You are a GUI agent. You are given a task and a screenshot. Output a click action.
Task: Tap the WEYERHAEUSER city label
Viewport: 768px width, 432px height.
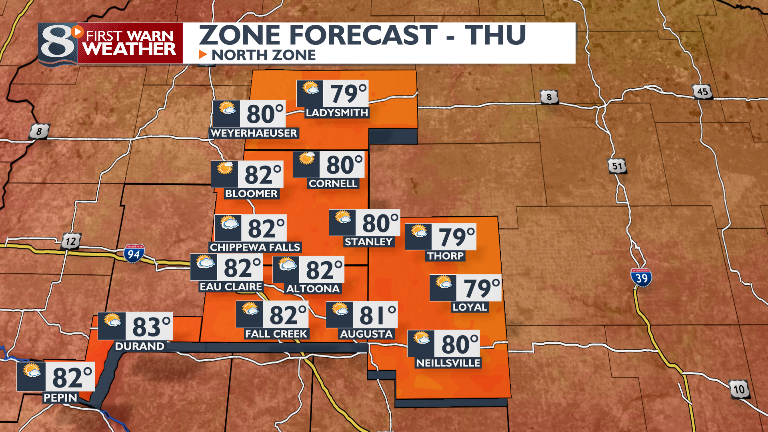click(x=254, y=133)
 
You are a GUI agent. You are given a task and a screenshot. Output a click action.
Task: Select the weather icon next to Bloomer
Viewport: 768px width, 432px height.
click(x=225, y=168)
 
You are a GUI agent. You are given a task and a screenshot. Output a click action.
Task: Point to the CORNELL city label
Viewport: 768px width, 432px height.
click(x=333, y=184)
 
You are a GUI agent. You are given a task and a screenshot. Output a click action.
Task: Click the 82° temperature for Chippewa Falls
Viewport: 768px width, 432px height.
click(x=266, y=228)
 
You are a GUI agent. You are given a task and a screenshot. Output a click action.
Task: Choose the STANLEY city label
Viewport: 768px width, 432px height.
click(x=369, y=242)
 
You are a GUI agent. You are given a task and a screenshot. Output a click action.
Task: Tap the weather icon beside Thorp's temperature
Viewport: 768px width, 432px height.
click(x=419, y=231)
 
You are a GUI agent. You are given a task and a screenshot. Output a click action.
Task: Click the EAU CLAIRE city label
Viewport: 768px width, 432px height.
click(x=231, y=287)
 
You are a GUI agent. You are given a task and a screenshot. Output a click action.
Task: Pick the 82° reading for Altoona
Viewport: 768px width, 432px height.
click(x=324, y=270)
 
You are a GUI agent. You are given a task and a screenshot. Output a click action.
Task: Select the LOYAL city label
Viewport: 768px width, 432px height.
click(x=470, y=307)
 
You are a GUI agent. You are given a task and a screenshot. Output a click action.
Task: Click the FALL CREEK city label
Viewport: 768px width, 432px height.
click(x=276, y=334)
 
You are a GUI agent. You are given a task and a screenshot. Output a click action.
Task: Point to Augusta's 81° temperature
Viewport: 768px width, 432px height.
click(x=377, y=315)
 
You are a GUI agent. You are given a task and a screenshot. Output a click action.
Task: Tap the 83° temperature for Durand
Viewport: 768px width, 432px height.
click(x=151, y=327)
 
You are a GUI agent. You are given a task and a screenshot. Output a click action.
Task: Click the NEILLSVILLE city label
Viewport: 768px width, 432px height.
click(x=448, y=363)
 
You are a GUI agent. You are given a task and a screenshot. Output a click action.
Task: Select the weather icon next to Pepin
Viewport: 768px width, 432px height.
click(x=32, y=370)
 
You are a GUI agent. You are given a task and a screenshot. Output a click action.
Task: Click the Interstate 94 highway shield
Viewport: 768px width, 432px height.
click(x=134, y=254)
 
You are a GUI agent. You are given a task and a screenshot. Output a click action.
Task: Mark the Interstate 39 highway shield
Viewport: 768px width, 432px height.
click(x=641, y=277)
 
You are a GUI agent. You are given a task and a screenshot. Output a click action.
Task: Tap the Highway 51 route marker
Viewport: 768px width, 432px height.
click(x=617, y=166)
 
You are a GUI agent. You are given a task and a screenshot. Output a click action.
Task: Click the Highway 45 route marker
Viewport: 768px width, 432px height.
click(x=702, y=92)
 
